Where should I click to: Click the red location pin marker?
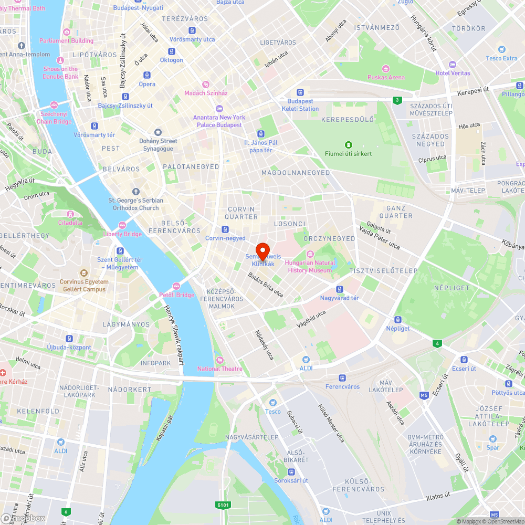pyautogui.click(x=262, y=250)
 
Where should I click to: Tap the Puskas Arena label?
pyautogui.click(x=386, y=77)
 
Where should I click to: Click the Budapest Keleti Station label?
pyautogui.click(x=300, y=105)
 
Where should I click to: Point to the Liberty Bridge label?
pyautogui.click(x=123, y=234)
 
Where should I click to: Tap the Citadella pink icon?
pyautogui.click(x=70, y=214)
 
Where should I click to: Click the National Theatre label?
pyautogui.click(x=220, y=369)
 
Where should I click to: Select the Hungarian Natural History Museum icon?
pyautogui.click(x=310, y=254)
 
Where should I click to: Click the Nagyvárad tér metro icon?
pyautogui.click(x=340, y=289)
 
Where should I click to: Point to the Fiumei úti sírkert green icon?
pyautogui.click(x=348, y=145)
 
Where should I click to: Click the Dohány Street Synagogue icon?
pyautogui.click(x=158, y=132)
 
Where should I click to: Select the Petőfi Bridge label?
pyautogui.click(x=176, y=295)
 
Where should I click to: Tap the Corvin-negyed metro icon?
pyautogui.click(x=225, y=229)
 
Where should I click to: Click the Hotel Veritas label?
pyautogui.click(x=453, y=73)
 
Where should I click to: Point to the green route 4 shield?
pyautogui.click(x=436, y=343)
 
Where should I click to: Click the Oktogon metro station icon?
pyautogui.click(x=172, y=51)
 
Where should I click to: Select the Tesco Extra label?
pyautogui.click(x=501, y=58)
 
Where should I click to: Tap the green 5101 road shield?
pyautogui.click(x=223, y=505)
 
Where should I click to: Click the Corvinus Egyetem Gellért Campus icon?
pyautogui.click(x=83, y=273)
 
